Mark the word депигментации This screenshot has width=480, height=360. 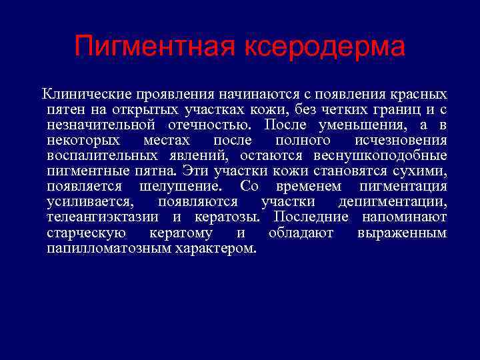coord(393,202)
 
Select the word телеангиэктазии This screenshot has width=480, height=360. coord(103,217)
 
